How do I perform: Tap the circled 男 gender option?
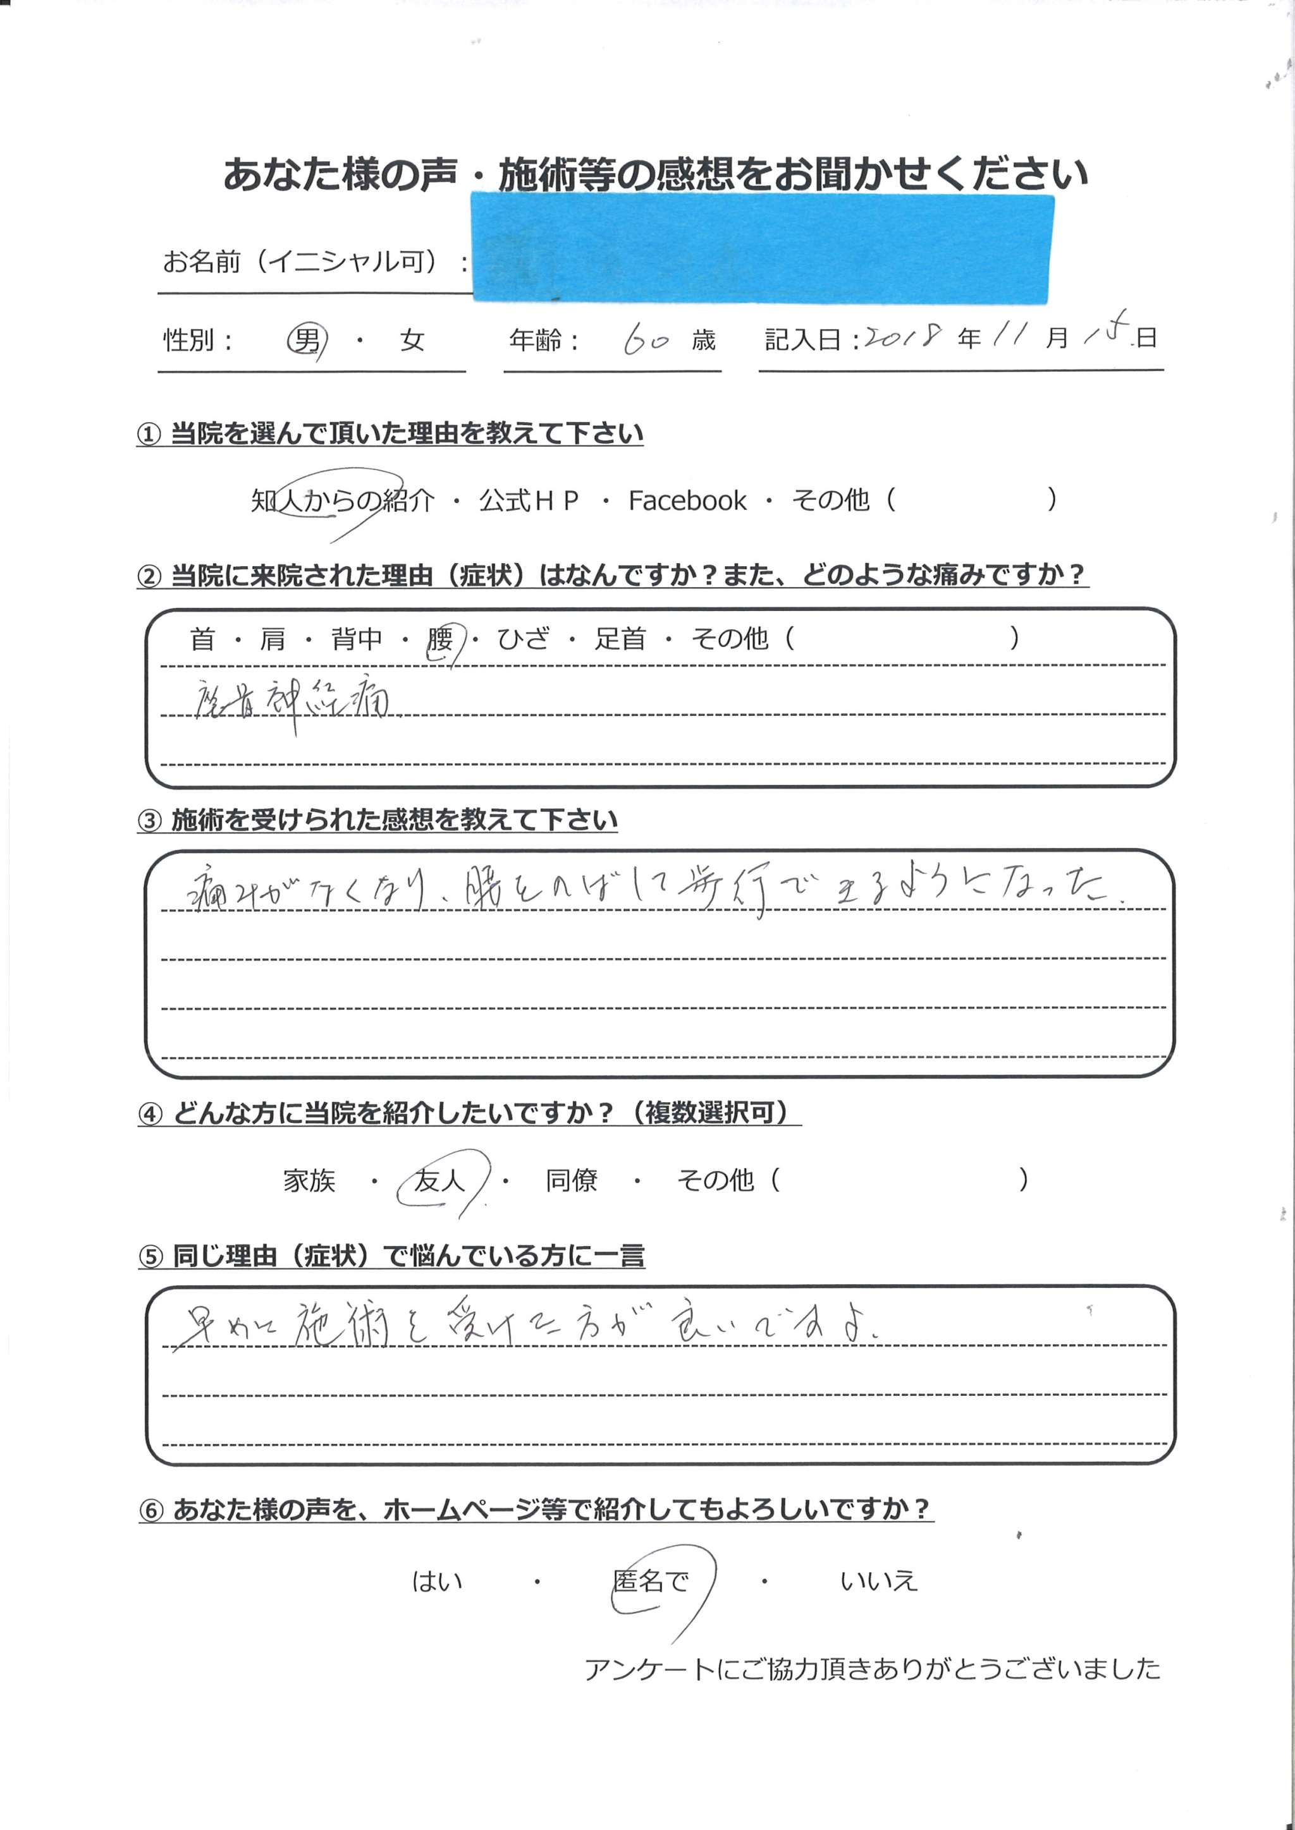tap(306, 341)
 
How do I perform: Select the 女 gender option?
tap(412, 341)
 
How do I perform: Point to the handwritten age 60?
tap(646, 341)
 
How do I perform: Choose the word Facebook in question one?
tap(687, 500)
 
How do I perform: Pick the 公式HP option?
tap(528, 500)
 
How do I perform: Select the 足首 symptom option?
tap(620, 638)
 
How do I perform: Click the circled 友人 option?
tap(439, 1180)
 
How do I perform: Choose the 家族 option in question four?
tap(309, 1180)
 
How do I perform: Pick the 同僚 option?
tap(571, 1180)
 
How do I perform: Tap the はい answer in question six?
tap(436, 1580)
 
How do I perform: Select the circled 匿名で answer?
tap(651, 1580)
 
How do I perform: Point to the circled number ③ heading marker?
tap(150, 821)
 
